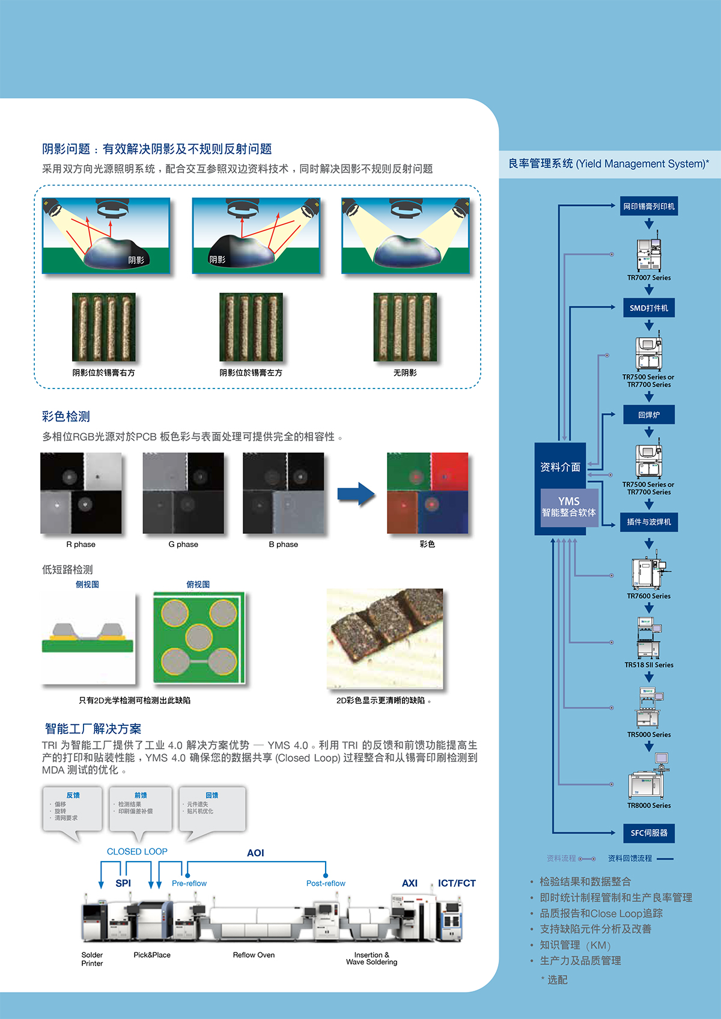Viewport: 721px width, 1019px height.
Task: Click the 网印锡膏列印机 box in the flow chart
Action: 649,206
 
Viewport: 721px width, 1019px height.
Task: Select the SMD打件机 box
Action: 649,308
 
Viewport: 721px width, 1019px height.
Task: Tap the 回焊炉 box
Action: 649,414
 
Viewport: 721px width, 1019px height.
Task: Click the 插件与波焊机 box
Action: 649,522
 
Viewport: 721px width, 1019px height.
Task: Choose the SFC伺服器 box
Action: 649,833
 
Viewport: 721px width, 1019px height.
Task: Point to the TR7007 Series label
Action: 649,277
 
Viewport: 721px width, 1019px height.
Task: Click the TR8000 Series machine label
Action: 649,805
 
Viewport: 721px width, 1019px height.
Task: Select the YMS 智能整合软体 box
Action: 568,507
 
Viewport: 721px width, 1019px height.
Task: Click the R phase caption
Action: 81,545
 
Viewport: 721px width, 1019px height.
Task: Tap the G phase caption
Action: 183,545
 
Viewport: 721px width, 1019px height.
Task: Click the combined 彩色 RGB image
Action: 427,493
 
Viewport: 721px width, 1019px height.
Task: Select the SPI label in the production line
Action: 123,883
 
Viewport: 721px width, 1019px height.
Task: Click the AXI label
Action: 410,883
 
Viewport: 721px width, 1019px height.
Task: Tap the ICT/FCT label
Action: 457,883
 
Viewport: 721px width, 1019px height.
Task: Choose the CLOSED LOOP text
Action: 137,851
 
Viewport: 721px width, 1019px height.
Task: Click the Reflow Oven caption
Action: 254,955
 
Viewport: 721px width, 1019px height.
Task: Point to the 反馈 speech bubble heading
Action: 73,795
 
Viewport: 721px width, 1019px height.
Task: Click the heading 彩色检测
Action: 66,416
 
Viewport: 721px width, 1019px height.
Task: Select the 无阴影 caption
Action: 405,373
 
